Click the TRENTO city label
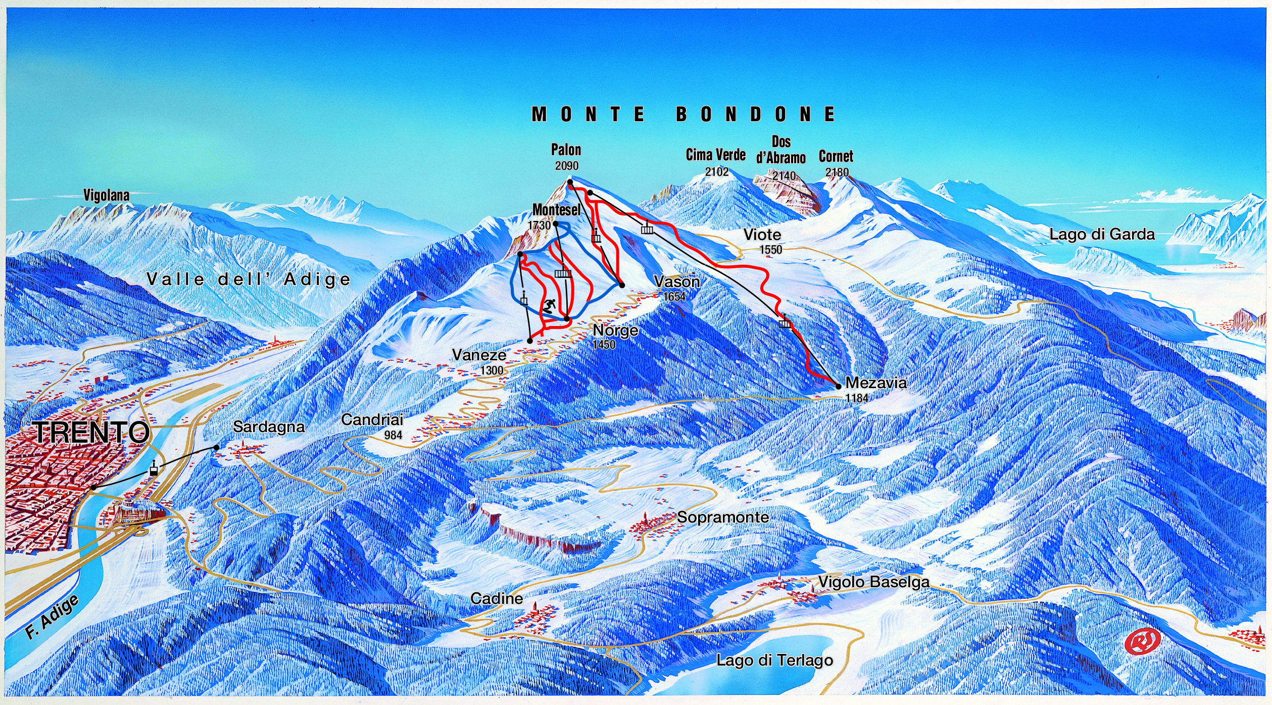point(91,432)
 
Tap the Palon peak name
point(566,150)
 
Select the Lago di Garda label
point(1102,234)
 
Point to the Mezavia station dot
point(839,387)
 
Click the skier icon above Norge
point(549,306)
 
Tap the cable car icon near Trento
point(153,468)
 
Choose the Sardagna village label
point(269,427)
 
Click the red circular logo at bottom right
point(1143,641)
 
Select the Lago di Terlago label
point(774,660)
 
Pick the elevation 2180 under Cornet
point(837,172)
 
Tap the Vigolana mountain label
point(107,195)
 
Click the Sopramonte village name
point(723,517)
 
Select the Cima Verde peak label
point(715,155)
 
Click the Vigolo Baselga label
point(873,582)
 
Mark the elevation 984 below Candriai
point(393,435)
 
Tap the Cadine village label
point(497,598)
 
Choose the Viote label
point(762,234)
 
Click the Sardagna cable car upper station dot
point(216,447)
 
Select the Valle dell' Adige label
point(248,279)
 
